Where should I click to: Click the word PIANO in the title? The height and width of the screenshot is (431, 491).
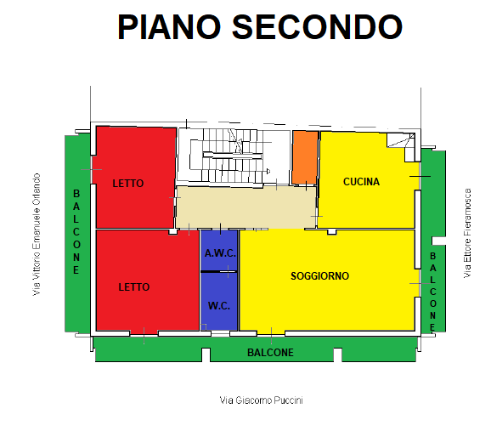pos(169,27)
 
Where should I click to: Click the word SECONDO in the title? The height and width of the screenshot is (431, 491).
pos(317,27)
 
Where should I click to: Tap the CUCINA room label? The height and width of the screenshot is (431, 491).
pos(361,182)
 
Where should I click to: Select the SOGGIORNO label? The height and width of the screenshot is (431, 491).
pos(319,276)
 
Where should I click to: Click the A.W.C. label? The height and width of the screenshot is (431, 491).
pos(220,253)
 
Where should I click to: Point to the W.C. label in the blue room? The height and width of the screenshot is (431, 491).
pos(219,306)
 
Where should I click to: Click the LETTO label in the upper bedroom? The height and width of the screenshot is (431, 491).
pos(128,184)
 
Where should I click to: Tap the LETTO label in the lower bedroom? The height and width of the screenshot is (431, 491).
pos(134,287)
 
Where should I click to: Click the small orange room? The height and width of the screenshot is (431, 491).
pos(305,157)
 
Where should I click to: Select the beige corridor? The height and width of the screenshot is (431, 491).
pos(245,207)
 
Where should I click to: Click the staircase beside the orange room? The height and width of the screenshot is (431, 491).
pos(234,156)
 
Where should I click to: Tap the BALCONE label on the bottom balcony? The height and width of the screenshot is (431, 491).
pos(270,353)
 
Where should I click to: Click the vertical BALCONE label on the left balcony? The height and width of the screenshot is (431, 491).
pos(76,232)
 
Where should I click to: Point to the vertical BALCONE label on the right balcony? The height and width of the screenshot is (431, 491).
pos(432,292)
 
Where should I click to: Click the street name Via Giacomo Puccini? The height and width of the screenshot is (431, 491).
pos(261,400)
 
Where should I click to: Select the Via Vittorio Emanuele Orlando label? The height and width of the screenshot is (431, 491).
pos(37,235)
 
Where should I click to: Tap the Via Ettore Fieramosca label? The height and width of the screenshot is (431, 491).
pos(467,233)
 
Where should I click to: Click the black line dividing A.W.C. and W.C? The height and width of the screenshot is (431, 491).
pos(219,271)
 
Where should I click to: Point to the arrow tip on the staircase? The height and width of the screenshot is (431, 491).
pos(269,171)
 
